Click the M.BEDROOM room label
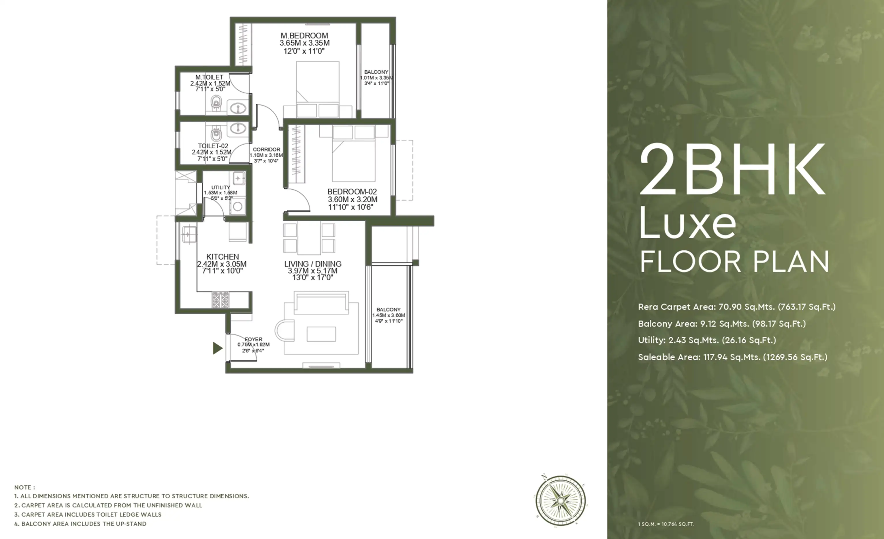tap(304, 36)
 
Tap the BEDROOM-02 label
tap(352, 192)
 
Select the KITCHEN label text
tap(223, 257)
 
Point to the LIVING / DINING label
tap(313, 264)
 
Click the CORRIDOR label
tap(267, 150)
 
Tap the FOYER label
tap(253, 339)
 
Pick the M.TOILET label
tap(209, 77)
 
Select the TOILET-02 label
tap(213, 146)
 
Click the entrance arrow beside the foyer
tap(217, 348)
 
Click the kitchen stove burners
tap(220, 300)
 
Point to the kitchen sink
tap(188, 234)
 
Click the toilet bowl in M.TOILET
tap(216, 103)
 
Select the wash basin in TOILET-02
tap(237, 128)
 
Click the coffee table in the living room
tap(321, 334)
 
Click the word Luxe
tap(688, 223)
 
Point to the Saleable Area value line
tap(733, 357)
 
